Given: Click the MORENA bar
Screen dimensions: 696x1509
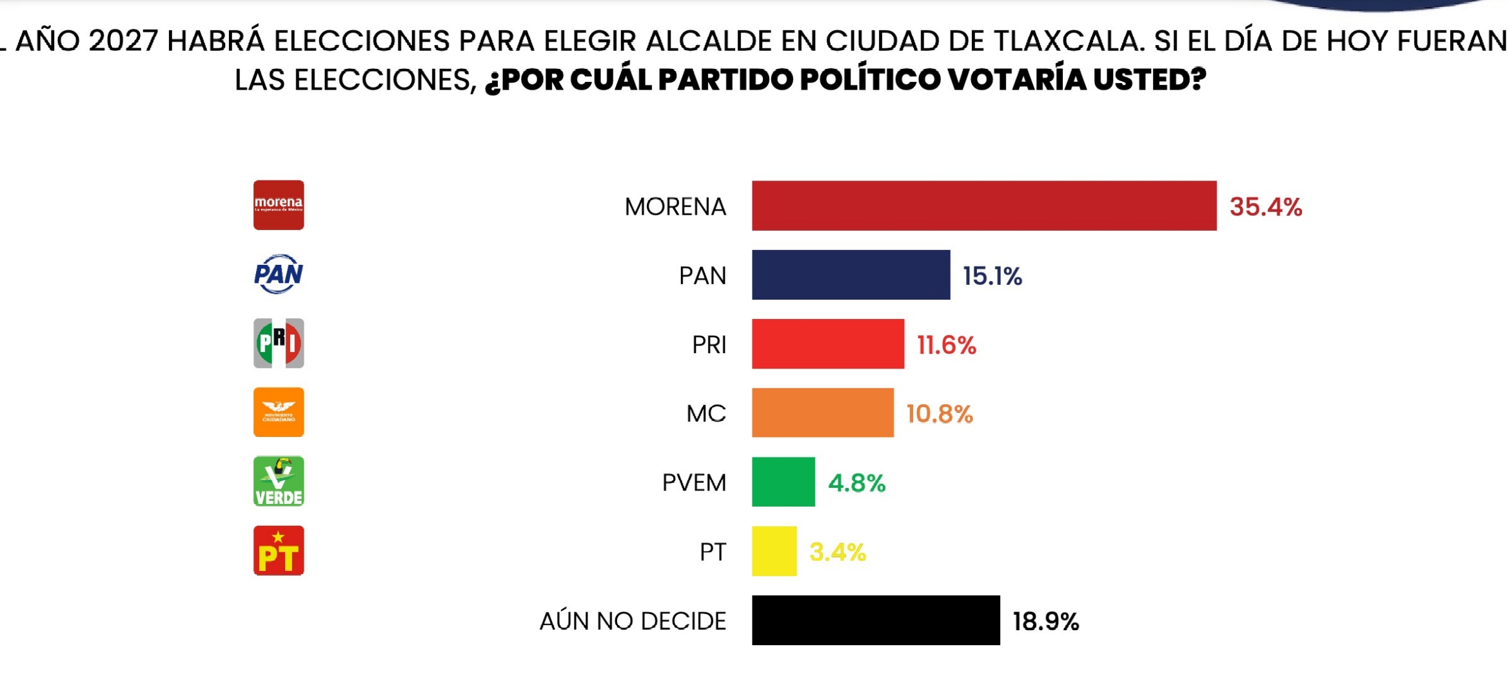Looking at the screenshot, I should pyautogui.click(x=983, y=206).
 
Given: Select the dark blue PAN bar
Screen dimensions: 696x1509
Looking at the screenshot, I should pyautogui.click(x=851, y=275).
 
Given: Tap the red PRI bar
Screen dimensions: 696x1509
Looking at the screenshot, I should pyautogui.click(x=827, y=343).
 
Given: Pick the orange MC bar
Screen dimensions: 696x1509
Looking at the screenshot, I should pyautogui.click(x=822, y=412).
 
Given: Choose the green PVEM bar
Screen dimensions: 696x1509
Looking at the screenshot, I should pyautogui.click(x=783, y=481).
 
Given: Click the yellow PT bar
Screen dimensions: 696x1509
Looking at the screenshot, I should pyautogui.click(x=774, y=551).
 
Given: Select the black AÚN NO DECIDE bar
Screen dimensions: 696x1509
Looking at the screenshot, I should pyautogui.click(x=875, y=620).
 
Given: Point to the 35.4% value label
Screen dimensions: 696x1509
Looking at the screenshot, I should pyautogui.click(x=1265, y=207).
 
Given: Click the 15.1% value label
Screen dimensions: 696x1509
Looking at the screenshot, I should pyautogui.click(x=992, y=276).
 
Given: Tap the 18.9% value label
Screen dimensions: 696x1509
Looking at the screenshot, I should pyautogui.click(x=1045, y=621).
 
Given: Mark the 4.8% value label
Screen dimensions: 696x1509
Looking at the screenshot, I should pyautogui.click(x=856, y=483).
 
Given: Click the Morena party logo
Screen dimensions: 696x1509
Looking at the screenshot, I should pyautogui.click(x=279, y=205).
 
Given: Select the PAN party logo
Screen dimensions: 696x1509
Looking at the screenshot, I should pyautogui.click(x=279, y=274).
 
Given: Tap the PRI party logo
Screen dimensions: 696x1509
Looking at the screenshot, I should pyautogui.click(x=279, y=343).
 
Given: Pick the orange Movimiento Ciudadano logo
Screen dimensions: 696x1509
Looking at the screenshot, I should pyautogui.click(x=279, y=412).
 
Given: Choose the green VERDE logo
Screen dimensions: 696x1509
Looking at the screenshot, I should pyautogui.click(x=279, y=481).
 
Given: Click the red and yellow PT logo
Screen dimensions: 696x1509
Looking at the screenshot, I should pyautogui.click(x=279, y=550).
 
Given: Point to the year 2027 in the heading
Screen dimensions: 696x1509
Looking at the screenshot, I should pyautogui.click(x=123, y=41).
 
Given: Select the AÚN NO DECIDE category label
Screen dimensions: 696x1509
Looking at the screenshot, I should pyautogui.click(x=633, y=621).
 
